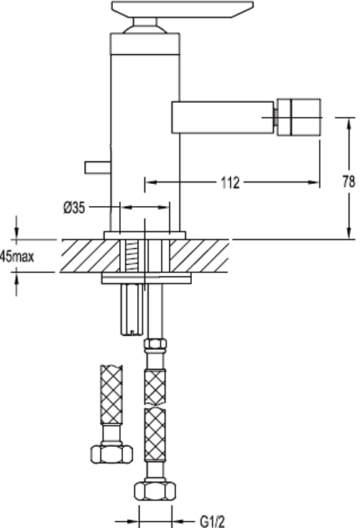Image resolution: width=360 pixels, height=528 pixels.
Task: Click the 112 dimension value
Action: (x=230, y=182)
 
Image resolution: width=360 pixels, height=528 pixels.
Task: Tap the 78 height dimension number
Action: (x=349, y=182)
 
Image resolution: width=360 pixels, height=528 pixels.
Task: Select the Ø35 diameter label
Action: (x=74, y=208)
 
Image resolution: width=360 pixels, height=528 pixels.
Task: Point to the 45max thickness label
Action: (x=17, y=256)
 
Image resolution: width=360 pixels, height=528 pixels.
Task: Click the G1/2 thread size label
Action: (x=212, y=522)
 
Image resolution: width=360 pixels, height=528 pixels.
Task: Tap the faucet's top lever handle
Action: (x=183, y=9)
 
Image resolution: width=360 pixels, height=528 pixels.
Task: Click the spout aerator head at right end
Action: (x=298, y=117)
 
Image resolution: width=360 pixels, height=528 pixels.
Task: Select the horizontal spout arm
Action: (x=222, y=117)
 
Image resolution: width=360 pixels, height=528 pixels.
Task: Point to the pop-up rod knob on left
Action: (x=98, y=167)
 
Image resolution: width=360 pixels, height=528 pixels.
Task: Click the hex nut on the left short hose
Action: (x=111, y=454)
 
